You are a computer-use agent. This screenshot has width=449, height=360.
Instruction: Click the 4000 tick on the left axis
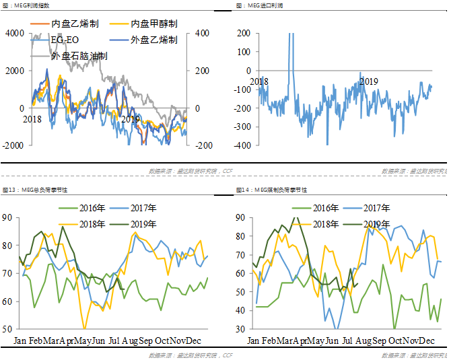(x=13, y=33)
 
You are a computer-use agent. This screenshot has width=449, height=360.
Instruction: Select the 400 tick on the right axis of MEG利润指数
(x=201, y=33)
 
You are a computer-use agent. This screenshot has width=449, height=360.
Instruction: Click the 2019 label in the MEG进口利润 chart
(x=368, y=81)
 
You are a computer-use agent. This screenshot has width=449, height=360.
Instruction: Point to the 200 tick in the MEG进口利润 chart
(x=243, y=33)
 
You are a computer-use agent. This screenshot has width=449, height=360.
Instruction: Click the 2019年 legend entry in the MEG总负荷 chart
(x=142, y=224)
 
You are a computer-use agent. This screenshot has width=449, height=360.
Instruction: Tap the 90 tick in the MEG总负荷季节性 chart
(x=8, y=217)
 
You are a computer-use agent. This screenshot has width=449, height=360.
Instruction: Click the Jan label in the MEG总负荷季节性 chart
(x=22, y=340)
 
